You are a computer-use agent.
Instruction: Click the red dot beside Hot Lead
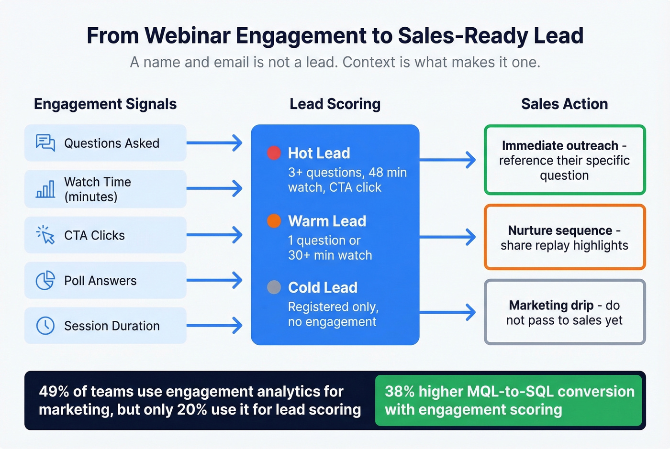[x=274, y=153]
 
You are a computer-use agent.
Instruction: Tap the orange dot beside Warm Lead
[x=274, y=221]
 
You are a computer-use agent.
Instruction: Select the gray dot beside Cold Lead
[x=274, y=287]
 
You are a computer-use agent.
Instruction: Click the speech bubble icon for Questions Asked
[x=45, y=142]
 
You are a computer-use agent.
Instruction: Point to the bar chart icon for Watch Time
[x=45, y=189]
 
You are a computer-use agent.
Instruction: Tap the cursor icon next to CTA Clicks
[x=45, y=235]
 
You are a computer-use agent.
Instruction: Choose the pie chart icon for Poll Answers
[x=45, y=280]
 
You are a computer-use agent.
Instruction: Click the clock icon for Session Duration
[x=45, y=326]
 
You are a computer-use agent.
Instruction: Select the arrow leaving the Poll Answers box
[x=214, y=280]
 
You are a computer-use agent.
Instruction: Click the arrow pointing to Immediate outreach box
[x=447, y=160]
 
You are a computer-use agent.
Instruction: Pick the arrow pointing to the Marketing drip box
[x=447, y=312]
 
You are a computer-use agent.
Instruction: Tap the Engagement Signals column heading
[x=105, y=104]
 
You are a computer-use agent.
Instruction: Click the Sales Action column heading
[x=564, y=104]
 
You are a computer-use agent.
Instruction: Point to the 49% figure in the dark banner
[x=54, y=392]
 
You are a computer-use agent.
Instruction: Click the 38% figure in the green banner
[x=400, y=392]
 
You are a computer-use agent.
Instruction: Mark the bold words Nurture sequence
[x=560, y=230]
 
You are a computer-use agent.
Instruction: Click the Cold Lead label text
[x=323, y=287]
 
